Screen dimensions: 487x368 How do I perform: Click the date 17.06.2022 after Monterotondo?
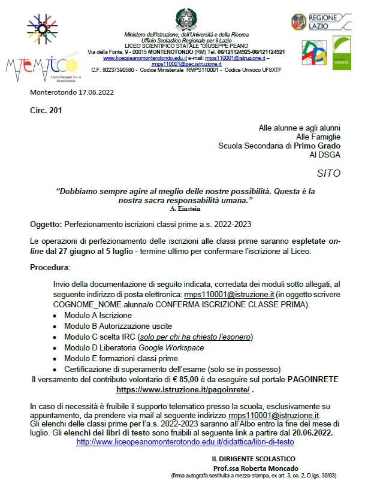[93, 93]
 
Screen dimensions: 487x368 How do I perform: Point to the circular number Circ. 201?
[46, 110]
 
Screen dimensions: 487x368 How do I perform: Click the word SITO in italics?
[328, 174]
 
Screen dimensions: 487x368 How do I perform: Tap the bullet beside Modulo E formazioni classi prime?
[55, 359]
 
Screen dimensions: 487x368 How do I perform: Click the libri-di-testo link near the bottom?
[185, 441]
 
